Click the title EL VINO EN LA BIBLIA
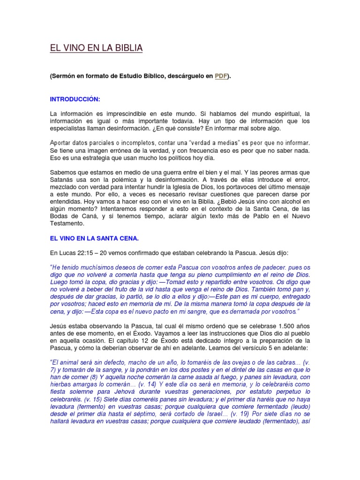tap(96, 48)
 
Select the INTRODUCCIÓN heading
tap(75, 100)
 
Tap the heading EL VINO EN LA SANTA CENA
tap(94, 239)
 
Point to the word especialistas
tap(68, 128)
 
